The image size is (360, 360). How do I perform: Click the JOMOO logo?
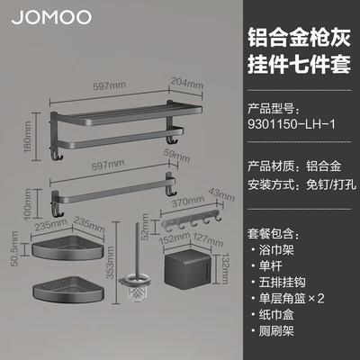pyautogui.click(x=51, y=17)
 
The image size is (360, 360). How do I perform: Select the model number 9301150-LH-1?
pyautogui.click(x=292, y=123)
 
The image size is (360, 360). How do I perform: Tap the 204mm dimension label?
pyautogui.click(x=186, y=83)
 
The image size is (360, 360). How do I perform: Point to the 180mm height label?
pyautogui.click(x=28, y=137)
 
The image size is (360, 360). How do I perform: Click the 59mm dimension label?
pyautogui.click(x=176, y=155)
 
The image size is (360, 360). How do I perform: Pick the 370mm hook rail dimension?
pyautogui.click(x=188, y=202)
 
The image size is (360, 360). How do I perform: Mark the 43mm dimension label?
pyautogui.click(x=221, y=194)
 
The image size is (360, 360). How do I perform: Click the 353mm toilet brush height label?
pyautogui.click(x=110, y=263)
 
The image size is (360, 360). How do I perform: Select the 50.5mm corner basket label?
pyautogui.click(x=14, y=248)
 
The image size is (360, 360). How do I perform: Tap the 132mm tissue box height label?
pyautogui.click(x=225, y=268)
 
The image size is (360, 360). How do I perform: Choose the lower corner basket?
pyautogui.click(x=68, y=290)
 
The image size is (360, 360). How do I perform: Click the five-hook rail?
pyautogui.click(x=192, y=221)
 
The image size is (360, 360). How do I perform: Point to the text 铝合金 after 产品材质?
pyautogui.click(x=323, y=166)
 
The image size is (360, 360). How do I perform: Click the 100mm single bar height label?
pyautogui.click(x=28, y=203)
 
